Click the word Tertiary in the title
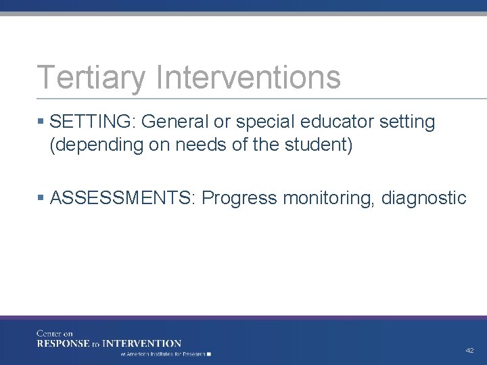pos(91,77)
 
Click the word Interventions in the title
pos(248,77)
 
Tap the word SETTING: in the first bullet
pos(93,122)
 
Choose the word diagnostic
pos(424,198)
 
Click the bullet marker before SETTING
pos(41,122)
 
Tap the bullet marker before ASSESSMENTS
pos(41,198)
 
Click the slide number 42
pos(469,351)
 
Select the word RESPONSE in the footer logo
pos(64,343)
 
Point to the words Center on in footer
pos(55,333)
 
